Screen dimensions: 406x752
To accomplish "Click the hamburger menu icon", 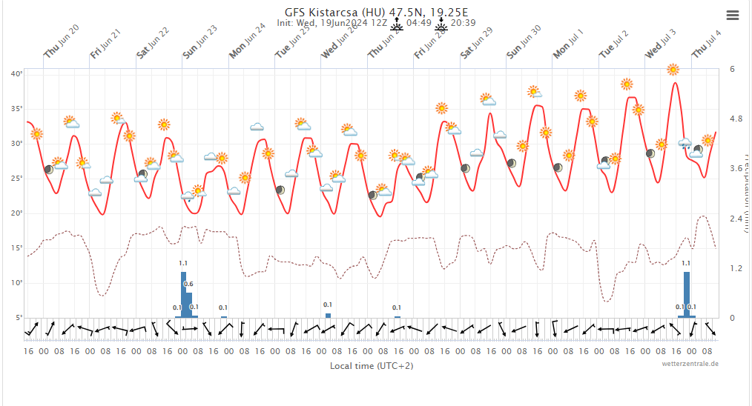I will click(733, 15).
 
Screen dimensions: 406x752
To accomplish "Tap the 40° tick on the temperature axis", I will click(16, 73).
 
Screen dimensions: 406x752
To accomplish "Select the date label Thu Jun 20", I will click(62, 41).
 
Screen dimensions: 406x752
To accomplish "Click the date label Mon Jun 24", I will click(247, 41).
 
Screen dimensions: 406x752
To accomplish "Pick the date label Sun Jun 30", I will click(524, 41).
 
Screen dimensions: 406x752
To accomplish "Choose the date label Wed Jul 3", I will click(660, 43).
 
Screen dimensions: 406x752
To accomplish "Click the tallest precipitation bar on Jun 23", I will click(184, 294).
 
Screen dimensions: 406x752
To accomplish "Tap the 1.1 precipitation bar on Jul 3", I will click(687, 294).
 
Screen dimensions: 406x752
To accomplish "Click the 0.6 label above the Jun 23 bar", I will click(188, 284).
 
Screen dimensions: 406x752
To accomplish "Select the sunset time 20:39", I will click(464, 23).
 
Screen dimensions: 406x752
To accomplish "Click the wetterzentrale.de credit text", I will click(690, 364).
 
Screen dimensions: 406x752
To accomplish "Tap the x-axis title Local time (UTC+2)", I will click(372, 366).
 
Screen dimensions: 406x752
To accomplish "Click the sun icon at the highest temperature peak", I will click(673, 70).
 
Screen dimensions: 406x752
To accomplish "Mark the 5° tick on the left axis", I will click(18, 317).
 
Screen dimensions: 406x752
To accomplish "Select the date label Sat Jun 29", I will click(477, 43).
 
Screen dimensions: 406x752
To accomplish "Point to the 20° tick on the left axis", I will click(16, 213).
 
